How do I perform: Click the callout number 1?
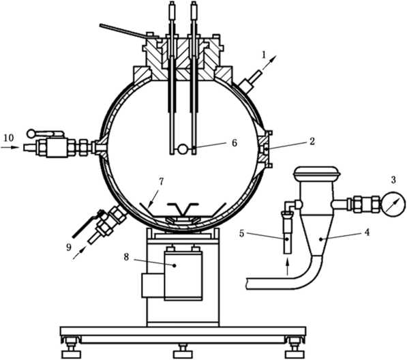265,55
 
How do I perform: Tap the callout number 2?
312,141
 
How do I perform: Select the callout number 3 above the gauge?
393,180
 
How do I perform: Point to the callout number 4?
367,232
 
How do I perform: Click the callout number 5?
241,234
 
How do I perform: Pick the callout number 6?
235,142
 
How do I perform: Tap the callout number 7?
161,181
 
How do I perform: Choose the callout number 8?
126,257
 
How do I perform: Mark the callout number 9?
69,247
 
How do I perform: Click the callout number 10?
9,138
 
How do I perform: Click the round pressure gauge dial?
393,204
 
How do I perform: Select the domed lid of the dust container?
316,173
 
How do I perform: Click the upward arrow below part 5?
287,267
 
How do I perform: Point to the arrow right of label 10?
10,147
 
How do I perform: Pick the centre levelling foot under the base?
183,350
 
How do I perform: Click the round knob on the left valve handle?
31,134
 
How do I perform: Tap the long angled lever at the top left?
128,31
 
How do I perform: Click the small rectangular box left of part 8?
153,285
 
